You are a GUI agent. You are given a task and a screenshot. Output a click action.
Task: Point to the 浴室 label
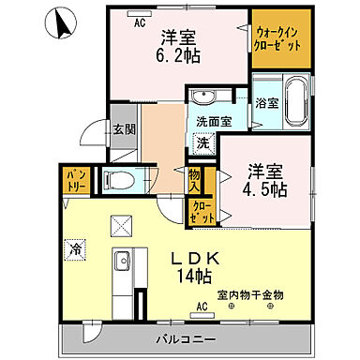265,104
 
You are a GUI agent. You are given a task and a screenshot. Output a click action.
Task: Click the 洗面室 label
212,121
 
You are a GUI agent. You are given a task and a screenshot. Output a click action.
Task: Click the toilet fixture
118,180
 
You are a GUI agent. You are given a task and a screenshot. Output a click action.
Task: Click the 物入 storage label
195,178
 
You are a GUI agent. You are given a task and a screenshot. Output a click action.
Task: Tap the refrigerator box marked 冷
75,248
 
